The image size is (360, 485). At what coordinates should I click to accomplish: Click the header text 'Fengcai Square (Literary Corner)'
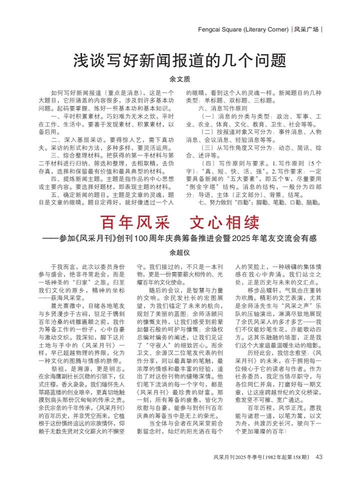(x=243, y=29)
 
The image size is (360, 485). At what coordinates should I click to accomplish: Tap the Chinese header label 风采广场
(x=306, y=29)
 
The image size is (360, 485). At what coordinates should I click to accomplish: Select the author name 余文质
(x=180, y=78)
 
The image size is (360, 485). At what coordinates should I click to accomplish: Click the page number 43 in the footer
(x=319, y=456)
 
